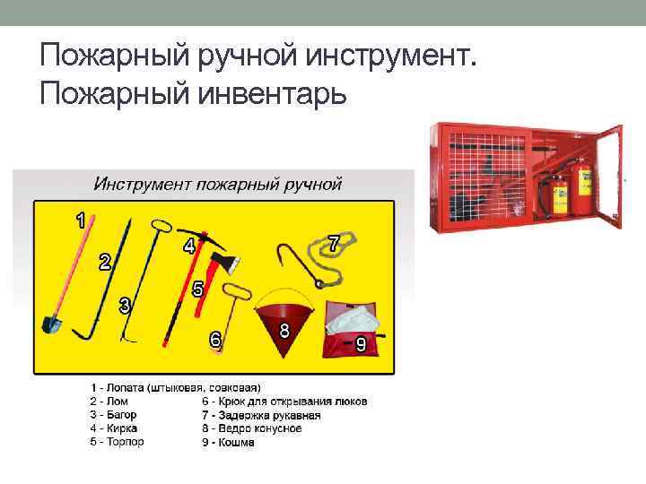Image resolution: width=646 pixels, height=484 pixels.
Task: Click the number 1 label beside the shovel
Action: click(81, 218)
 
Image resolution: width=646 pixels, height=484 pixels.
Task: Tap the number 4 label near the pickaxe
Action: click(188, 245)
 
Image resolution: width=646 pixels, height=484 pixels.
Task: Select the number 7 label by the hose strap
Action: click(333, 243)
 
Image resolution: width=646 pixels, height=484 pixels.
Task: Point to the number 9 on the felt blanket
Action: click(361, 343)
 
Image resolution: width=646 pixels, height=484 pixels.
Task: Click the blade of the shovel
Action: click(51, 323)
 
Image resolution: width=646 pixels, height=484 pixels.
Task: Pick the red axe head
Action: click(219, 262)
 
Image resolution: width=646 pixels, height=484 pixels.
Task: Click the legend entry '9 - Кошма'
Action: click(229, 442)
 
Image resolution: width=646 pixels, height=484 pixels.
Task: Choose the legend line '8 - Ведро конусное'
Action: click(252, 428)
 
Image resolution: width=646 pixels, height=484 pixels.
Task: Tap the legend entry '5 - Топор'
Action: click(117, 442)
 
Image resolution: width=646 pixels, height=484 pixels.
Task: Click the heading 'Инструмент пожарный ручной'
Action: click(218, 185)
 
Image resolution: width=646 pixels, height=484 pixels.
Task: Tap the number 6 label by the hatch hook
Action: click(215, 340)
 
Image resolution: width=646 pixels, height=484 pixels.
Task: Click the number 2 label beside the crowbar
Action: click(105, 262)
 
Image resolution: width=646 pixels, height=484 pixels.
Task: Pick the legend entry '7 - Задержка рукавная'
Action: click(261, 415)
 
